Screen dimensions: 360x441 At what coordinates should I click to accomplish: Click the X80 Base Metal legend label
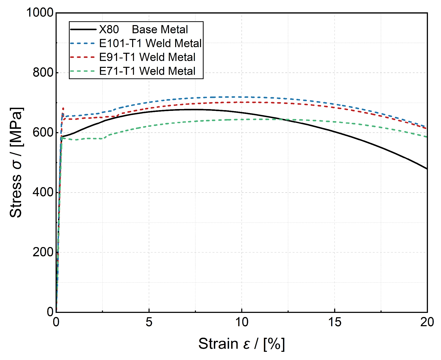pyautogui.click(x=143, y=30)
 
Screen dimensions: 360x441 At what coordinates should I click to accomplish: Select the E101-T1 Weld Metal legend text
pyautogui.click(x=150, y=43)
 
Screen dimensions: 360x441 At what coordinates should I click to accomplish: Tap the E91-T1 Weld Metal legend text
pyautogui.click(x=147, y=57)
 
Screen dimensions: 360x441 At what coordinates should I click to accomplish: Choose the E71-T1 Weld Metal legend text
pyautogui.click(x=147, y=71)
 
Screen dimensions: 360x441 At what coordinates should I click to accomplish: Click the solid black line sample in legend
pyautogui.click(x=83, y=30)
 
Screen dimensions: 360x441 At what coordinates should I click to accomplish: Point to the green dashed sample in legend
pyautogui.click(x=83, y=71)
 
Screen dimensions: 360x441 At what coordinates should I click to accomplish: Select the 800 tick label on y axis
pyautogui.click(x=43, y=73)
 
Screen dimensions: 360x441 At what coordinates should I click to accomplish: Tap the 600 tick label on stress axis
pyautogui.click(x=43, y=132)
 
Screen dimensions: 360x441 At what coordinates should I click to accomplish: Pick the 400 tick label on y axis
pyautogui.click(x=43, y=192)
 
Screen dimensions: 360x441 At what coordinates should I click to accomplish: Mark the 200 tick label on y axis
pyautogui.click(x=43, y=252)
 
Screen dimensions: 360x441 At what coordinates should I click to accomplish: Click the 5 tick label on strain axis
pyautogui.click(x=149, y=322)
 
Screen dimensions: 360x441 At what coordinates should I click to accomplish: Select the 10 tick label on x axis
pyautogui.click(x=242, y=322)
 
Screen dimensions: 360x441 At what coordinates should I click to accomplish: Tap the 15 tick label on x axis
pyautogui.click(x=335, y=322)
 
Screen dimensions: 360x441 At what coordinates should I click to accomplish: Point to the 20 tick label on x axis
pyautogui.click(x=427, y=322)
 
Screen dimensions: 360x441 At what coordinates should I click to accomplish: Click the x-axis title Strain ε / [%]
pyautogui.click(x=241, y=344)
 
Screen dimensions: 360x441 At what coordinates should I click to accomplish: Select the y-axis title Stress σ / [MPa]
pyautogui.click(x=16, y=162)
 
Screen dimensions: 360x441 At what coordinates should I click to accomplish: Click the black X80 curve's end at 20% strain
pyautogui.click(x=427, y=168)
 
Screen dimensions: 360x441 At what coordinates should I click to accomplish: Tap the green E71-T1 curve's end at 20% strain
pyautogui.click(x=427, y=137)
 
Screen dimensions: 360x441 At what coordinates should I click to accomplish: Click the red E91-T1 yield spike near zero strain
pyautogui.click(x=63, y=109)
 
